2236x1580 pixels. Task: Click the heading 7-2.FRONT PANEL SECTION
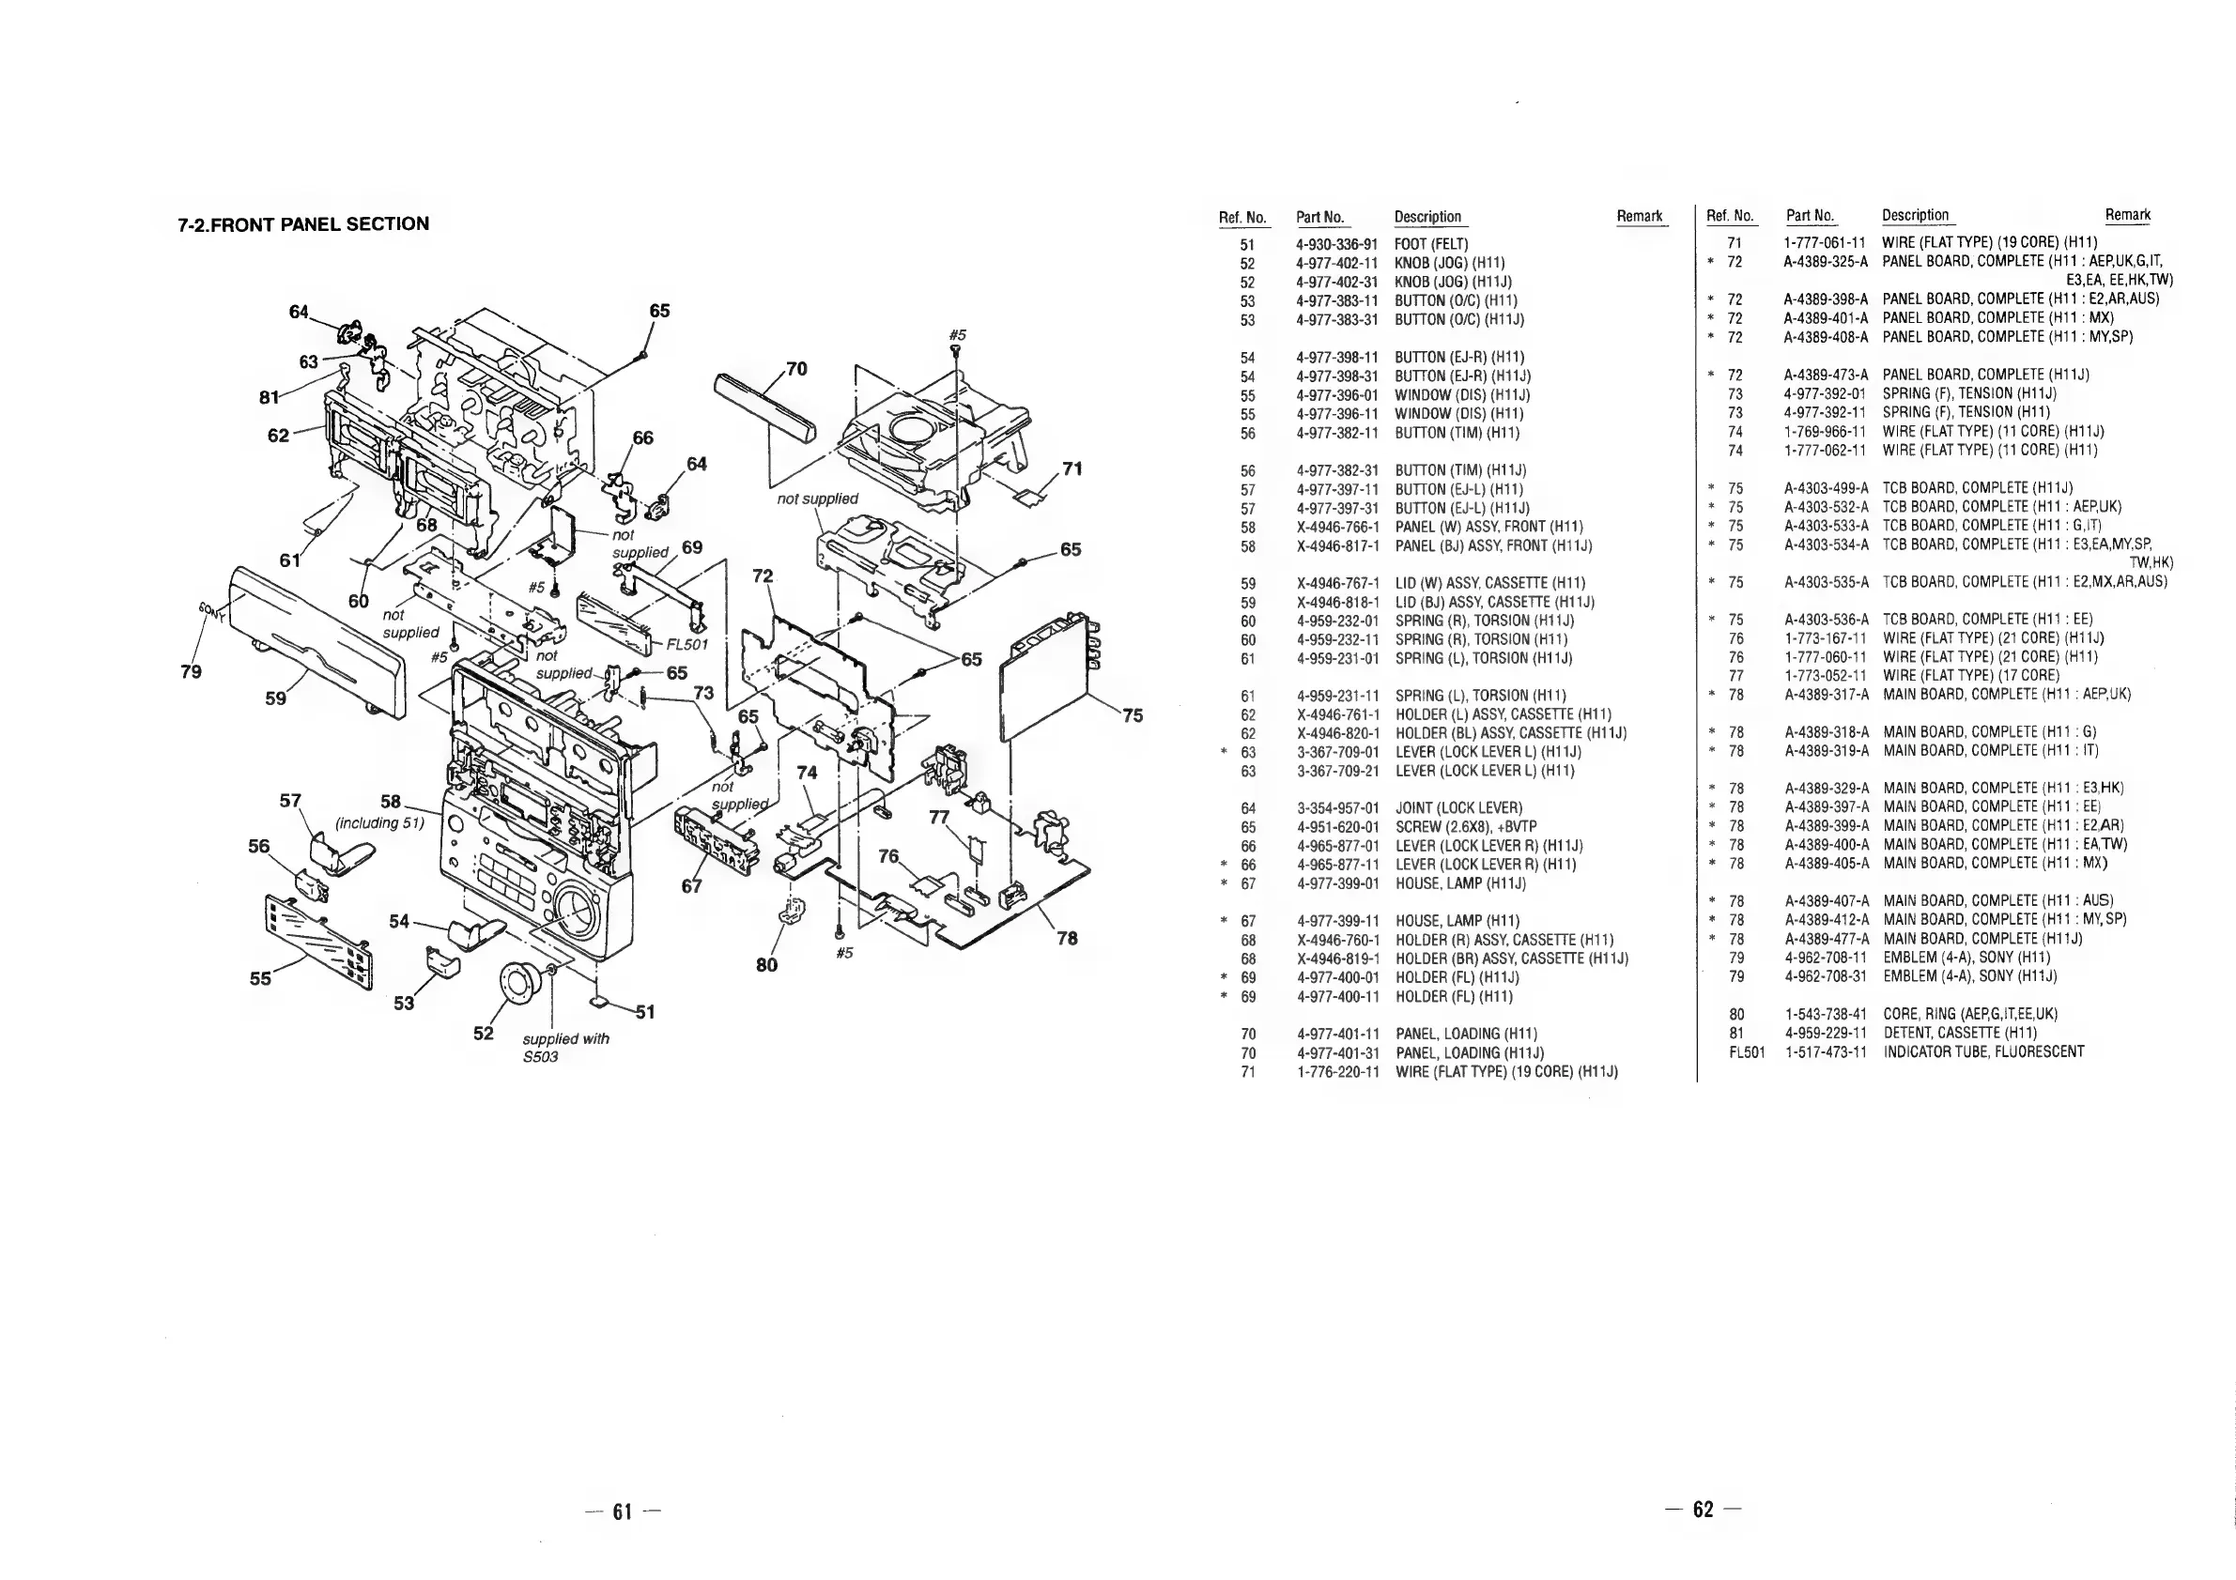click(303, 224)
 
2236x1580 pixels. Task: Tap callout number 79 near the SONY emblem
click(191, 672)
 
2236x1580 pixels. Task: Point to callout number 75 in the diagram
click(1132, 715)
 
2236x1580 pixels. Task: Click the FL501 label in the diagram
click(686, 644)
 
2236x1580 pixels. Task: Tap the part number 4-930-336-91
click(1336, 244)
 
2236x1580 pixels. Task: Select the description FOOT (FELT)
click(1430, 244)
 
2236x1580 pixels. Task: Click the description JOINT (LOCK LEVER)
click(1457, 808)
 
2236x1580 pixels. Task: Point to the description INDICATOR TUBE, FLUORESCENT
click(1982, 1051)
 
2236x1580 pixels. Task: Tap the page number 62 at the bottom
click(1703, 1510)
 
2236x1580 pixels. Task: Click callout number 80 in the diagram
click(766, 965)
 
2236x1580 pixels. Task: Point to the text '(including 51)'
click(379, 823)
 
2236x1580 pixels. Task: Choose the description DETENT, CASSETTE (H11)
click(1959, 1032)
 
